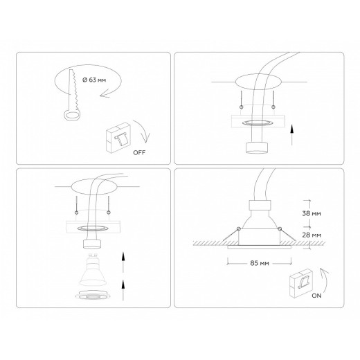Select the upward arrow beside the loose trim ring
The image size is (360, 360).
[122, 289]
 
